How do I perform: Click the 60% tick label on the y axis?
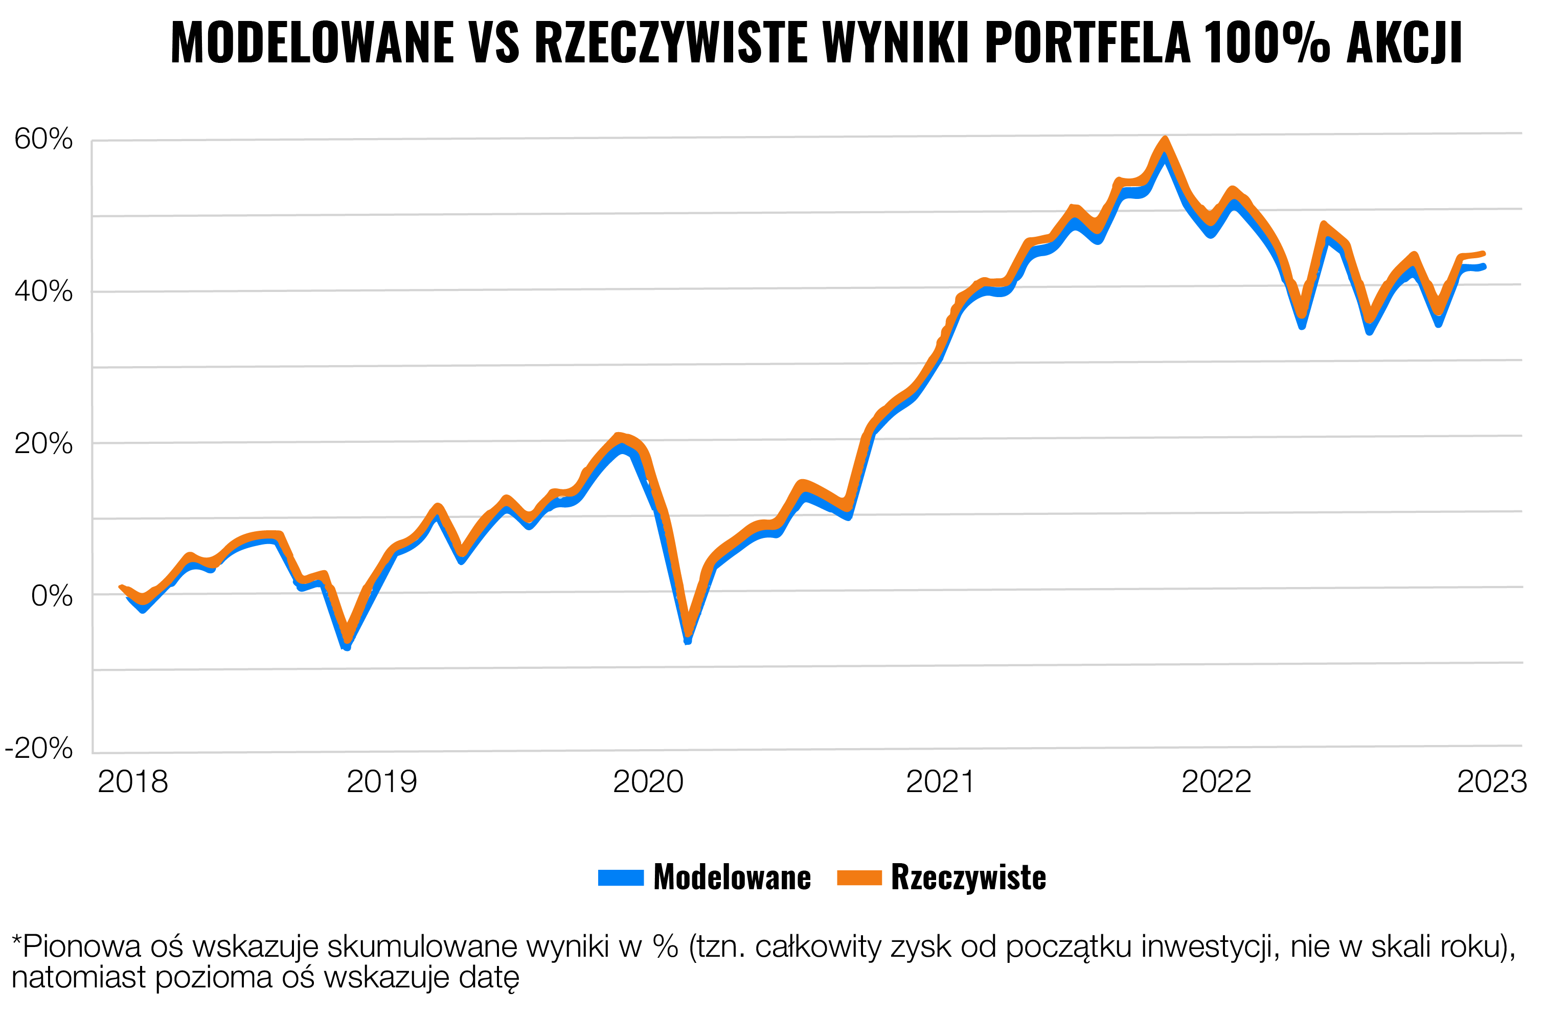pos(43,140)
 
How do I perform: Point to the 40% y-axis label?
pos(43,292)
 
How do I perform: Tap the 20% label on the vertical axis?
pos(43,444)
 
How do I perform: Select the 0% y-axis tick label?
pos(52,596)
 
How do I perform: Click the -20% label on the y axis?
pos(39,749)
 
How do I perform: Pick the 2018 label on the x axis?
pos(132,782)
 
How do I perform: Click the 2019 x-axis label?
pos(381,782)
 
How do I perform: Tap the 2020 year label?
pos(648,782)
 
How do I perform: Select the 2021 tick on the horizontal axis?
pos(940,782)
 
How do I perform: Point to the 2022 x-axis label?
pos(1216,782)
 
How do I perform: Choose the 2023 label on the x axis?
pos(1491,782)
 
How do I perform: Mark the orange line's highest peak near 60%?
pos(1165,140)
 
